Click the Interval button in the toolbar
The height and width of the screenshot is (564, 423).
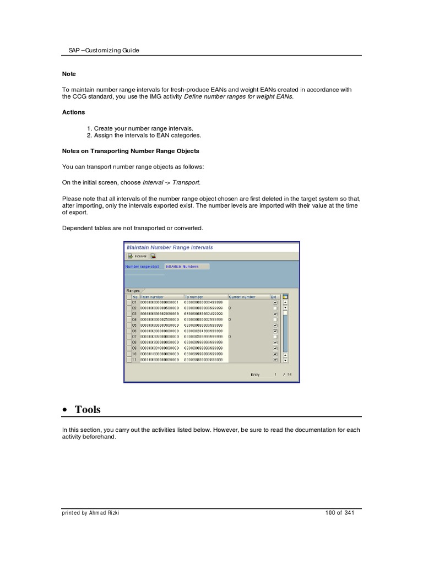click(x=137, y=256)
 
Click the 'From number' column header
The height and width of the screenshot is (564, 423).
click(x=152, y=297)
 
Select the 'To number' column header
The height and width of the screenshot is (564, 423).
click(x=194, y=297)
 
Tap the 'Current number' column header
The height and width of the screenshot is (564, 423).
click(x=242, y=297)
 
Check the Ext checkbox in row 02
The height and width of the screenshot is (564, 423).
click(x=275, y=308)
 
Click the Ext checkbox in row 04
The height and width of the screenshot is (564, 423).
click(x=275, y=319)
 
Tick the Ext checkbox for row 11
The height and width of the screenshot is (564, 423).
click(x=275, y=360)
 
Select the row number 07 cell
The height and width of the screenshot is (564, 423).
click(x=135, y=337)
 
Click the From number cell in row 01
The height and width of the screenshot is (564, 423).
click(x=160, y=302)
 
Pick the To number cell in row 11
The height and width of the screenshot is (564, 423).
click(x=204, y=360)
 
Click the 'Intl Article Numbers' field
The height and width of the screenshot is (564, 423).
click(x=186, y=267)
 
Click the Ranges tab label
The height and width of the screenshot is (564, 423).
click(x=133, y=290)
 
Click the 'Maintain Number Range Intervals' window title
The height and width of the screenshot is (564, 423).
click(x=170, y=247)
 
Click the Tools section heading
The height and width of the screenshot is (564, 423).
click(x=88, y=409)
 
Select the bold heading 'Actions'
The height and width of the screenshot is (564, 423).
click(x=73, y=112)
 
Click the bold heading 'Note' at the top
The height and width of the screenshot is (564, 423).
click(x=69, y=74)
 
